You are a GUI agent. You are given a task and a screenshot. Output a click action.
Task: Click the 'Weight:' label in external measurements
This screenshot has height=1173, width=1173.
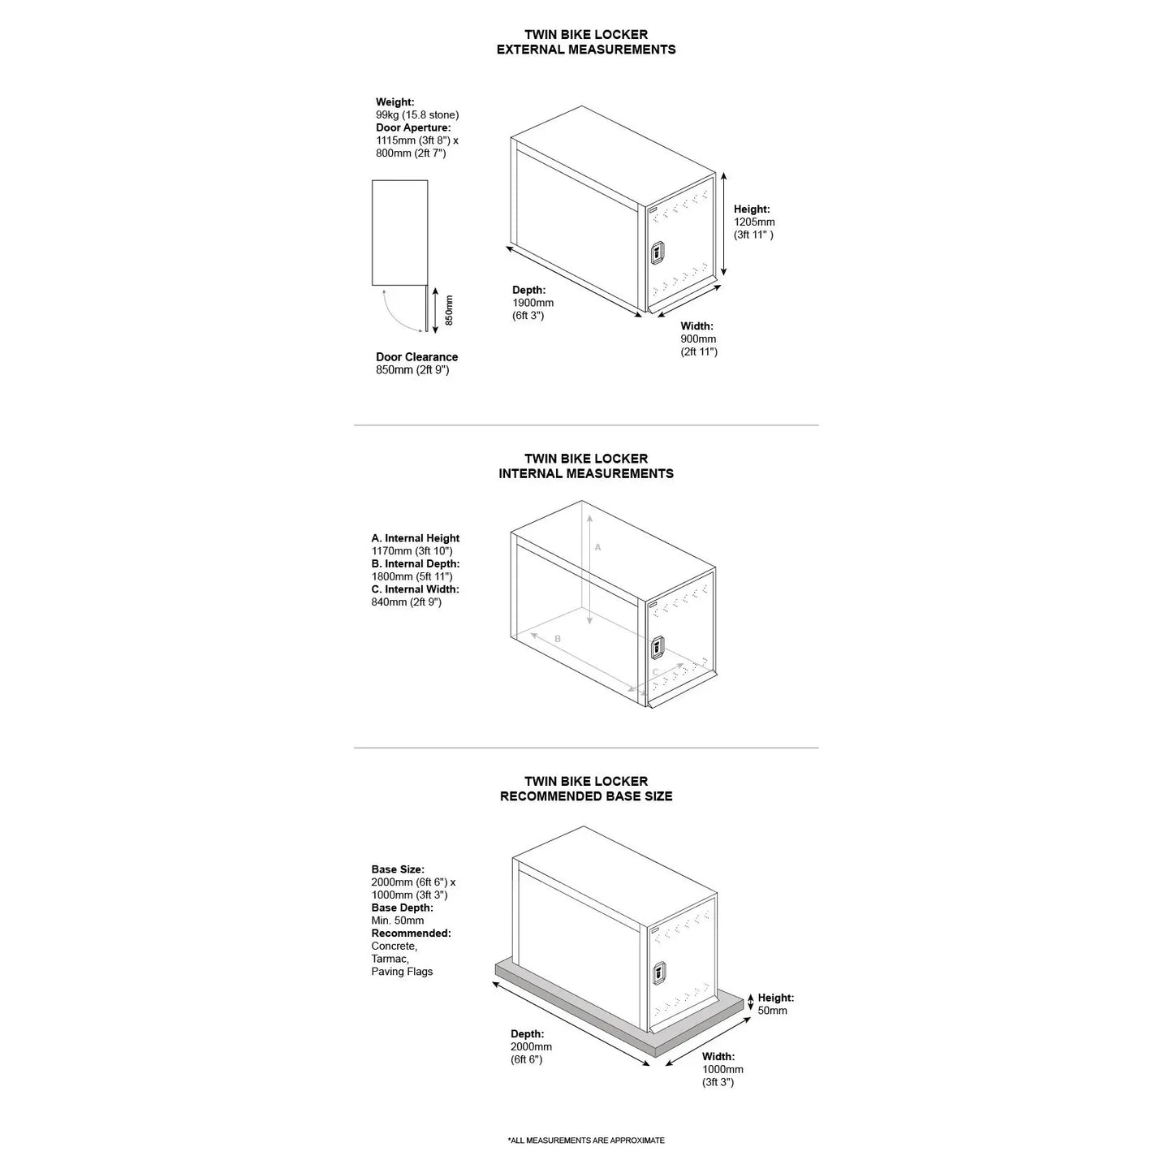(x=395, y=102)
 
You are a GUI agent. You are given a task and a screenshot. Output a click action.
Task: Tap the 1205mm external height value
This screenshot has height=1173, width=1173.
(x=754, y=222)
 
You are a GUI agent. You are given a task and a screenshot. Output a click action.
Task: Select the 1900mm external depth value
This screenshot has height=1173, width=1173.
(x=533, y=303)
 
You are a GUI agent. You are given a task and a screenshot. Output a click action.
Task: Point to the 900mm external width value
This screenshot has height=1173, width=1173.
(x=698, y=339)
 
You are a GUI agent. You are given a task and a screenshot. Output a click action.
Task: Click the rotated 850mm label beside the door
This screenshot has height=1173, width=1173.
(x=449, y=310)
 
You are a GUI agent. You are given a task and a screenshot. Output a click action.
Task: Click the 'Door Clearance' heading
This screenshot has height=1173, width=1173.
(x=416, y=357)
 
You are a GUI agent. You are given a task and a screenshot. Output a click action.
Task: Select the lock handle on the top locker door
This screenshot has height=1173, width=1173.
(x=658, y=253)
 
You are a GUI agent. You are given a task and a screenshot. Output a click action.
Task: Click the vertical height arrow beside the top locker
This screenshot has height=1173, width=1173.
(x=723, y=225)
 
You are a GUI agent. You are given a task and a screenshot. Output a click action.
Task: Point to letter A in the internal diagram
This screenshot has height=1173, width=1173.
(x=597, y=548)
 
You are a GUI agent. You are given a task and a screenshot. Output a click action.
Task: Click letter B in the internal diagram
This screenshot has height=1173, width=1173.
(x=558, y=640)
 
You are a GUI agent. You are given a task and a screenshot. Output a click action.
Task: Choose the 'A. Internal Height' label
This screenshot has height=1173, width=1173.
(x=416, y=538)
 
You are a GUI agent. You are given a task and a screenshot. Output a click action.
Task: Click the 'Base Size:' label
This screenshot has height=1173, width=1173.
(x=398, y=869)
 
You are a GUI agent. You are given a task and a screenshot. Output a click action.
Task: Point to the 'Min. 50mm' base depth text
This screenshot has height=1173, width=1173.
(x=397, y=921)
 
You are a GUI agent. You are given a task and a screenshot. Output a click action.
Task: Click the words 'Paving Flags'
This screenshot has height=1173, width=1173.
(x=402, y=972)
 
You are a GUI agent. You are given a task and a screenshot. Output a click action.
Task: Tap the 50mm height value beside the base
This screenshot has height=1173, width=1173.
(x=772, y=1011)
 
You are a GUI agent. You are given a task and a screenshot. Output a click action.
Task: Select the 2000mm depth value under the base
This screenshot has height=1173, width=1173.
(x=531, y=1047)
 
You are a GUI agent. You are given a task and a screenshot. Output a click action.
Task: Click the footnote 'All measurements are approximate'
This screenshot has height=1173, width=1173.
(x=586, y=1141)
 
